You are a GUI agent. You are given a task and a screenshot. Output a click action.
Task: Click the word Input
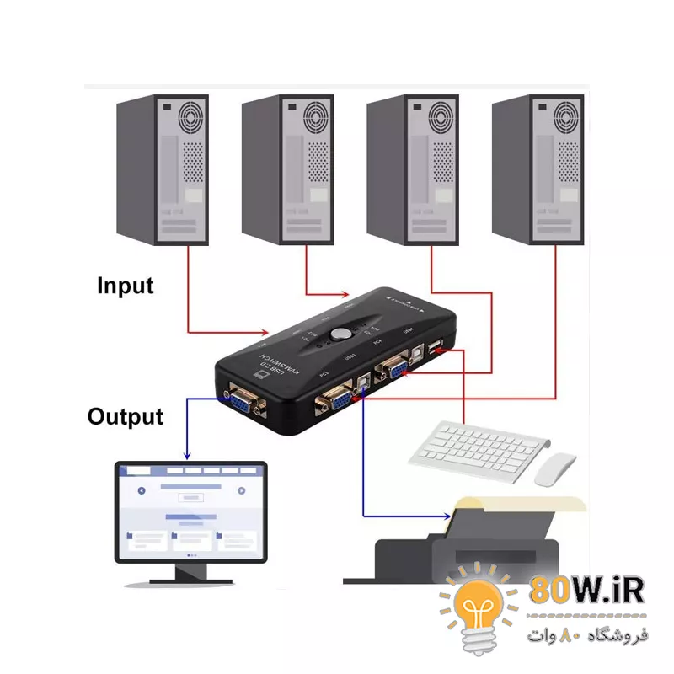click(x=126, y=286)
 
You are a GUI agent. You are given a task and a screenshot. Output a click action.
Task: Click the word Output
click(x=126, y=416)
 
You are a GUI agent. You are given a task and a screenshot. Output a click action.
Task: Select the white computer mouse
click(x=555, y=469)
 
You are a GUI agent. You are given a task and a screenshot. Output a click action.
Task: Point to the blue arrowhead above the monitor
click(x=188, y=454)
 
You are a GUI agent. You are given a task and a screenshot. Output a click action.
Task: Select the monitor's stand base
click(x=190, y=579)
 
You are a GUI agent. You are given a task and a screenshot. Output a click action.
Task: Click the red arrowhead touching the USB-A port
click(x=442, y=351)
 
